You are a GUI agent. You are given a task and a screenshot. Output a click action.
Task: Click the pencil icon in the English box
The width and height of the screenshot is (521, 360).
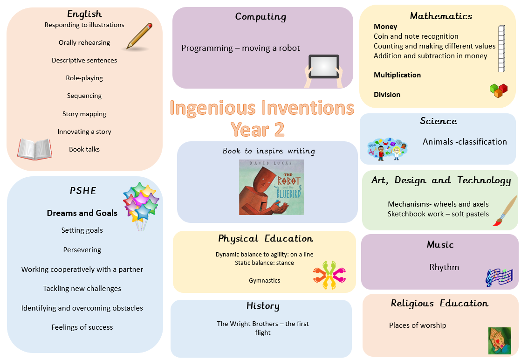139,36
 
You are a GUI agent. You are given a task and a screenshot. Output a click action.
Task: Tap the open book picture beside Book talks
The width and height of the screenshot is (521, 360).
34,149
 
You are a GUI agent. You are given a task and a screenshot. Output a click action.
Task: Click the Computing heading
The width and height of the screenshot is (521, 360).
260,17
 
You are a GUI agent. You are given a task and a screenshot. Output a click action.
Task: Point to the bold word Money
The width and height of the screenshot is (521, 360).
385,27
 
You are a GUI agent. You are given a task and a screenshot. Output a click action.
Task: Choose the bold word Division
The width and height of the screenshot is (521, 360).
387,95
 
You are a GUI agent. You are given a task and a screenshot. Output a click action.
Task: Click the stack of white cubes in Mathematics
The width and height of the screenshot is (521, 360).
501,49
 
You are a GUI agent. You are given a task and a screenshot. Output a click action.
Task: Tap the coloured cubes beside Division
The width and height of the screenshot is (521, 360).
499,90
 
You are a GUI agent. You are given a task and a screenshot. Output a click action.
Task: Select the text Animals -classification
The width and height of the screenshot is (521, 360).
465,142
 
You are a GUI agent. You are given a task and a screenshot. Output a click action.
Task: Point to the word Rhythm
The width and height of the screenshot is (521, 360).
444,267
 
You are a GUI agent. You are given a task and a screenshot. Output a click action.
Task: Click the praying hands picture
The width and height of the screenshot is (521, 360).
500,341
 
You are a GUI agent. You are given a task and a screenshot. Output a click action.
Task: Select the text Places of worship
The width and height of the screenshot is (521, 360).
418,325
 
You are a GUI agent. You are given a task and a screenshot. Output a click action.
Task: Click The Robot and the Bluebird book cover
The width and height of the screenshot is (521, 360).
272,187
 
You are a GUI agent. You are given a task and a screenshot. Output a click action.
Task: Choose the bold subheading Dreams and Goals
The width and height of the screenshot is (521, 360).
82,213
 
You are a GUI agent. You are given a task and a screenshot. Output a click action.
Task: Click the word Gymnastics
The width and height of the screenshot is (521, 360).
265,281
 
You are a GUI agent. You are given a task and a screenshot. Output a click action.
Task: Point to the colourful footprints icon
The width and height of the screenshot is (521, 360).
329,275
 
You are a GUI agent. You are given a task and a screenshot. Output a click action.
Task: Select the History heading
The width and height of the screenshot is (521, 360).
263,306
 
